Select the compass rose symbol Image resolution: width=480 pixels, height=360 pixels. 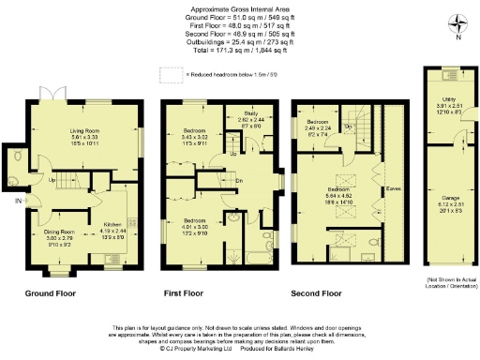coord(456,24)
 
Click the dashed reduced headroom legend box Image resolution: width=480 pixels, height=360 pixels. coord(171,74)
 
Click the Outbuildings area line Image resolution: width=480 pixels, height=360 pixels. coord(240,45)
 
